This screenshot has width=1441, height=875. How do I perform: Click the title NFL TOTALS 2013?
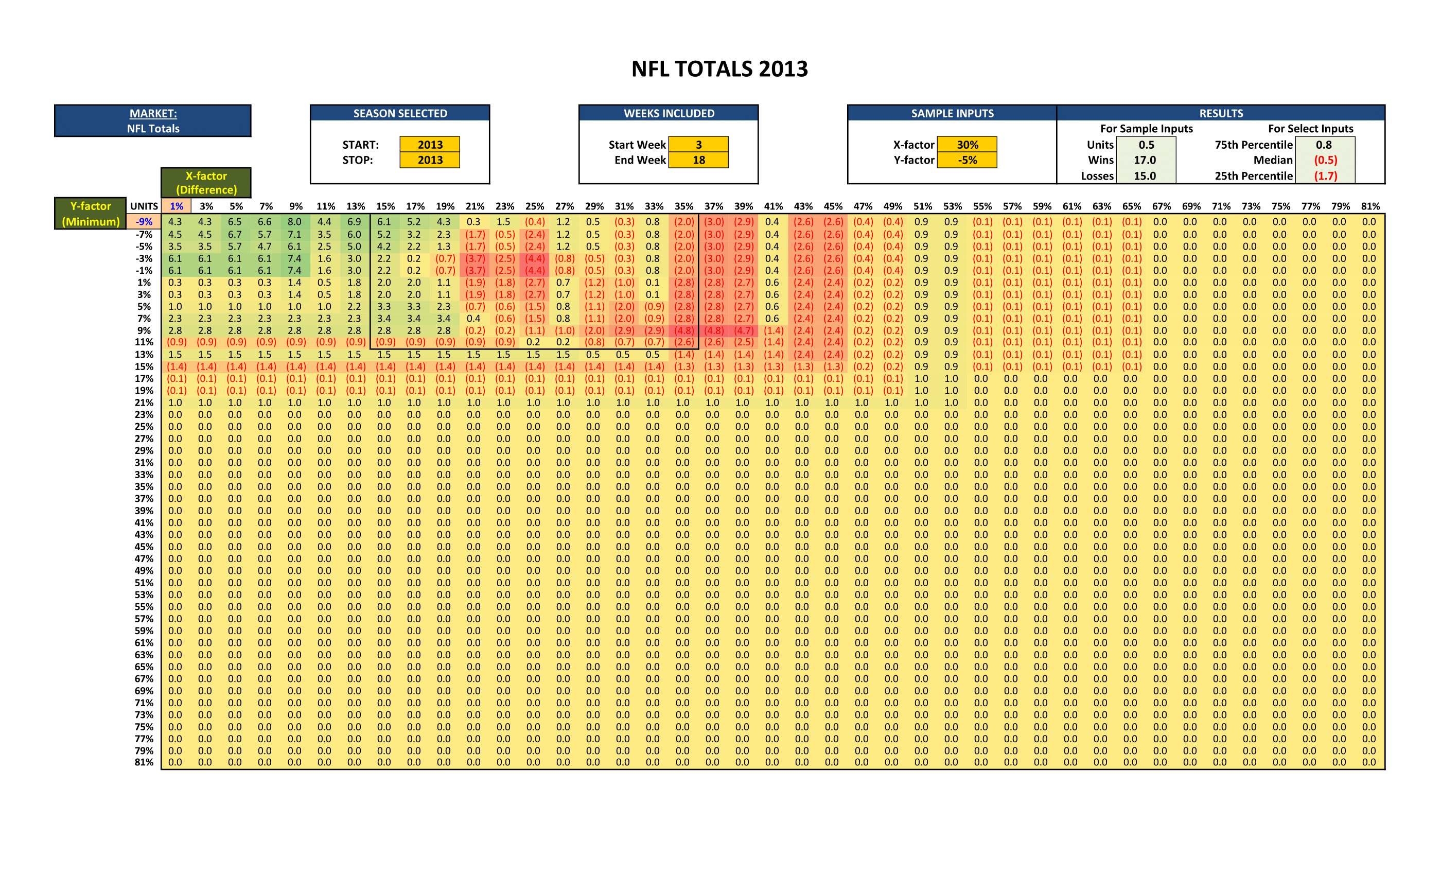(x=719, y=69)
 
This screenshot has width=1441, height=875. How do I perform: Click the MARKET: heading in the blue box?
(x=153, y=113)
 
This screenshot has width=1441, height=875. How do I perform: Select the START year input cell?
(x=430, y=145)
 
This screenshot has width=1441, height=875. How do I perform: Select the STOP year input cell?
(x=430, y=160)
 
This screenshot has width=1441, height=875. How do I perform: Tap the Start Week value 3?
(x=698, y=145)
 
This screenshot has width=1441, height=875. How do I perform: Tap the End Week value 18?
(x=698, y=160)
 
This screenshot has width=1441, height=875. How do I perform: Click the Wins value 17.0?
(x=1145, y=160)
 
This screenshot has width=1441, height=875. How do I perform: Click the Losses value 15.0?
(x=1145, y=176)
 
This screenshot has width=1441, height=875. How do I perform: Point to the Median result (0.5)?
(x=1325, y=160)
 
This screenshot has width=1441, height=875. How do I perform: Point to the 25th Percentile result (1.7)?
(x=1325, y=176)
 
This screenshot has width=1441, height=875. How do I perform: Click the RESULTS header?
(x=1221, y=113)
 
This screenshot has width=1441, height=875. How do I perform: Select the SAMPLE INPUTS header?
(x=952, y=113)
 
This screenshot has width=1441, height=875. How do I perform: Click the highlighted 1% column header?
(x=176, y=206)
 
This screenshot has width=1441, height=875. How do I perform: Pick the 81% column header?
(x=1370, y=206)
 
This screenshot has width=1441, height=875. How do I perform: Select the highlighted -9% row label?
(x=144, y=222)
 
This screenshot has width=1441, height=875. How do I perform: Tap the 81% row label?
(x=144, y=762)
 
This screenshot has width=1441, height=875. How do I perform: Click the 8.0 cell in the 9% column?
(x=295, y=222)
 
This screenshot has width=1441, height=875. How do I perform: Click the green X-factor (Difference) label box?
(x=206, y=183)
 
